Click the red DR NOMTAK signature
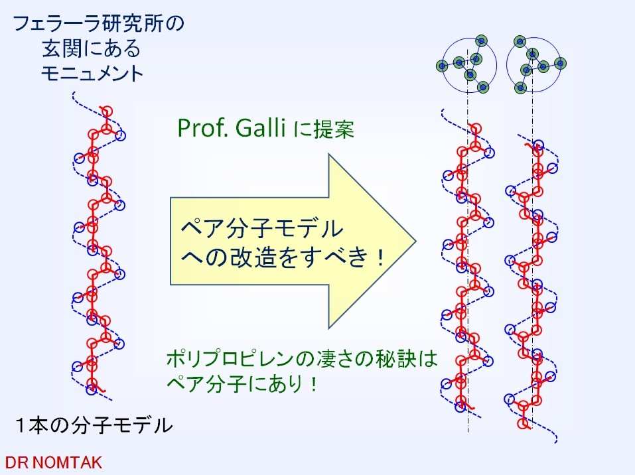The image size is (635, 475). coord(53,462)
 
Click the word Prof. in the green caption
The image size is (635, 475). coord(203,128)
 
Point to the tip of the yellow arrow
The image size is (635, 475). coord(416,241)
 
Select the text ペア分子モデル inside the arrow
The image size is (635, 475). coord(262,228)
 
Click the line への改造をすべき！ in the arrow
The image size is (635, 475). coord(282,257)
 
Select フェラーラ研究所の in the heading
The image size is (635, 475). coord(98,23)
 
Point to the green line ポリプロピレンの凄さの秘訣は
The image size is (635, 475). coord(302,358)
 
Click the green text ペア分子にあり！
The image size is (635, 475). coord(242,383)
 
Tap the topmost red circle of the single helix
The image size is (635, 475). coord(107,111)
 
